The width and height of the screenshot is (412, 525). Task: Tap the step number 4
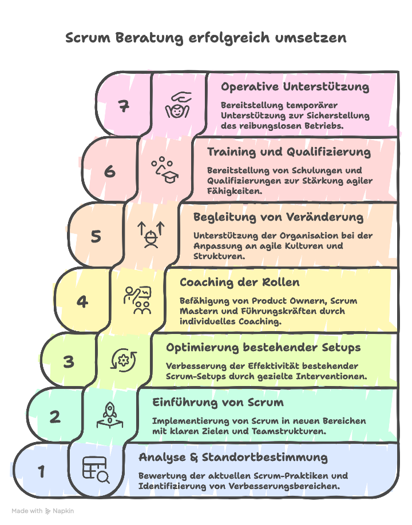click(x=82, y=301)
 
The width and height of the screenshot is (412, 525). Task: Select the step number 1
click(x=41, y=472)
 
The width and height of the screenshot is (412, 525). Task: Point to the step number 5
click(x=96, y=236)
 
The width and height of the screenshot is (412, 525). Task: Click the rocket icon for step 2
click(x=110, y=415)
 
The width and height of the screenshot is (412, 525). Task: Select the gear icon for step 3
click(x=124, y=360)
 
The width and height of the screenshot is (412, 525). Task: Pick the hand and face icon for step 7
click(x=178, y=105)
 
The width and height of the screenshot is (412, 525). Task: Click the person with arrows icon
click(x=151, y=234)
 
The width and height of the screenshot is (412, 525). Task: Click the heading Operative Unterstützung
click(x=295, y=87)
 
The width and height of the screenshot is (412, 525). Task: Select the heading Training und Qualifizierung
click(x=288, y=152)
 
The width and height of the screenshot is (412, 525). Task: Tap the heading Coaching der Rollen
click(x=239, y=283)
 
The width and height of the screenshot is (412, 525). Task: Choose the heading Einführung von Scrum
click(x=217, y=403)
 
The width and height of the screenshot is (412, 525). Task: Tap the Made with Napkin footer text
click(x=43, y=511)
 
